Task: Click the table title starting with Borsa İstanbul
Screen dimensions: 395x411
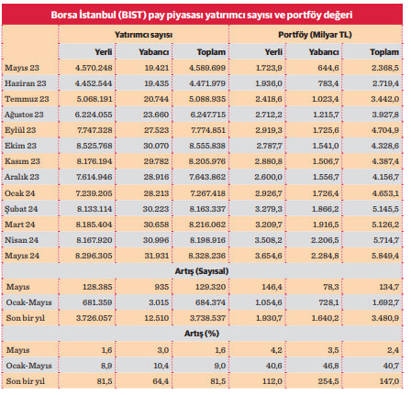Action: click(205, 16)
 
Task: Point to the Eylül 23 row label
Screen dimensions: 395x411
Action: click(23, 131)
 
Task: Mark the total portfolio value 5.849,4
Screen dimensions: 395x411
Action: click(383, 255)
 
